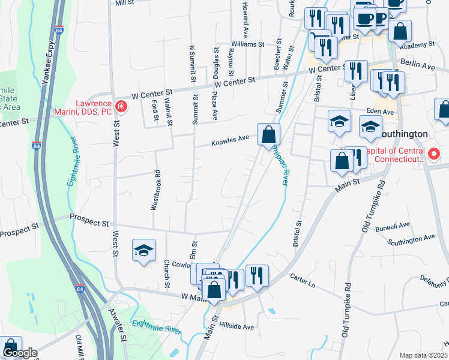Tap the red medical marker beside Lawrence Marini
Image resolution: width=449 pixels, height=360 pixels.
tap(121, 107)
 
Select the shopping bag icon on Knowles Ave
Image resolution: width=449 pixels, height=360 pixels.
tap(268, 134)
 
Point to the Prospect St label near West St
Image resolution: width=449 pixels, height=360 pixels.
tap(90, 221)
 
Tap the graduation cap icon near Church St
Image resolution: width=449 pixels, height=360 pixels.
tap(143, 251)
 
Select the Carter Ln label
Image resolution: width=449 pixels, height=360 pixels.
tap(303, 278)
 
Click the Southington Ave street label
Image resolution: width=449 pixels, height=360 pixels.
tap(411, 240)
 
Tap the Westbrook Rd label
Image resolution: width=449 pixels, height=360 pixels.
tap(155, 190)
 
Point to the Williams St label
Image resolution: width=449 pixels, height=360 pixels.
tap(248, 44)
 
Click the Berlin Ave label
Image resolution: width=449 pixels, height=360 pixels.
tap(416, 65)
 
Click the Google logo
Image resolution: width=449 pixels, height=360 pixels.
tap(20, 353)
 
